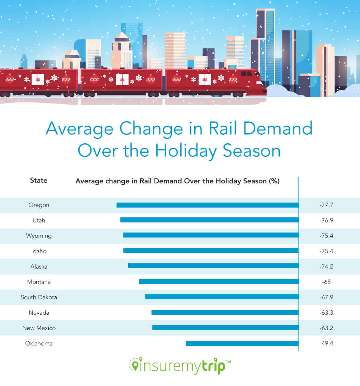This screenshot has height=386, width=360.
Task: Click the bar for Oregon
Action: tap(207, 205)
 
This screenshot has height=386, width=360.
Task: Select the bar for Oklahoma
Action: tap(242, 343)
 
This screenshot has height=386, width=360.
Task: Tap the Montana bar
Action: tap(219, 281)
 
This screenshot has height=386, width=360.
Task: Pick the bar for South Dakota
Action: tap(222, 297)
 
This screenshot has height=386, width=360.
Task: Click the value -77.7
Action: tap(326, 205)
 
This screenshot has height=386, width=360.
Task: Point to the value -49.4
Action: tap(326, 343)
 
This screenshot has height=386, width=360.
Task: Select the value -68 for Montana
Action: tap(326, 282)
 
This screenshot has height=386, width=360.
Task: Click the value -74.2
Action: tap(326, 266)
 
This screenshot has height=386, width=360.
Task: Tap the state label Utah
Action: tap(39, 221)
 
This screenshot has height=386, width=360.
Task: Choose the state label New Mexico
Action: tap(39, 328)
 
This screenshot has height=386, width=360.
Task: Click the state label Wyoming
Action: tap(39, 236)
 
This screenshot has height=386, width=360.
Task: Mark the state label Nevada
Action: tap(39, 312)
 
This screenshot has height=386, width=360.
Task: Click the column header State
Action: tap(39, 180)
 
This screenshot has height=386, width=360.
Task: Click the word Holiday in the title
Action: tap(186, 151)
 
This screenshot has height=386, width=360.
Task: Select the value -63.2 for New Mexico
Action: tap(326, 328)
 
